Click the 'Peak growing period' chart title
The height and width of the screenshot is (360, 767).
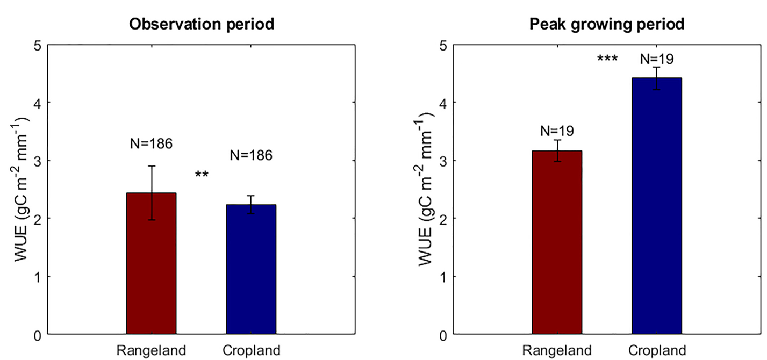coord(606,24)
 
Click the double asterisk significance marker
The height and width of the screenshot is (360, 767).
coord(202,175)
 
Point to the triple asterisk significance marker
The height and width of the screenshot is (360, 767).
coord(607,59)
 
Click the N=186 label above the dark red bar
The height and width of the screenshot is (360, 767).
coord(151,143)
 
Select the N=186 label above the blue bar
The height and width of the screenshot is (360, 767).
coord(251,156)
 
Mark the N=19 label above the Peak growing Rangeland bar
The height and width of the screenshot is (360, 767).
coord(557,131)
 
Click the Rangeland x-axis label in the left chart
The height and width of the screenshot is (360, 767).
coord(152,351)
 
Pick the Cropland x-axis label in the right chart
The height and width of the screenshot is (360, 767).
coord(657,351)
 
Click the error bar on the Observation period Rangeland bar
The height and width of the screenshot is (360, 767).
coord(152,192)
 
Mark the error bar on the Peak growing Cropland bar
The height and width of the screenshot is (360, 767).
coord(656,78)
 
